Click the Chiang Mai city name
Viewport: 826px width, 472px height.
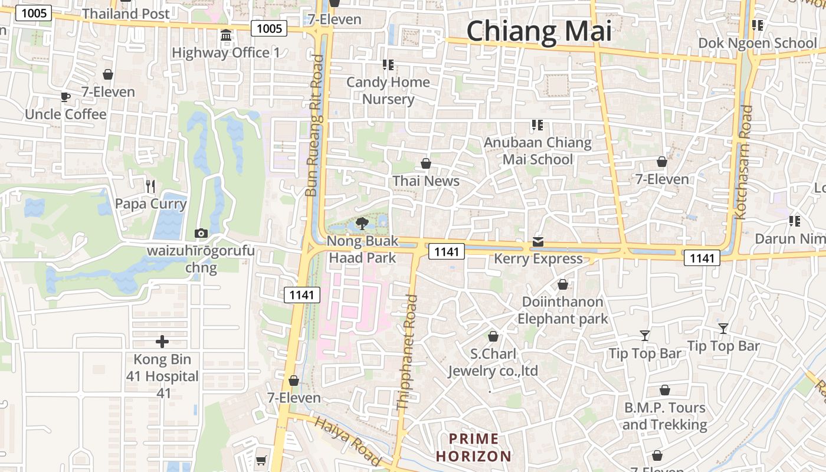(x=539, y=31)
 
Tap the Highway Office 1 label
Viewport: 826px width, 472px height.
(x=226, y=53)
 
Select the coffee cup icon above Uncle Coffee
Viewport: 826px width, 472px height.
(x=65, y=97)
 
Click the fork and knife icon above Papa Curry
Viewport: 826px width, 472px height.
(x=150, y=186)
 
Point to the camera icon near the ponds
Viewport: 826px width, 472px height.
(x=201, y=233)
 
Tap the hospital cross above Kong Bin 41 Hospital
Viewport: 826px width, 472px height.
(x=162, y=341)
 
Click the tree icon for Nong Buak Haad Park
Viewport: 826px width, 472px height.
(x=362, y=223)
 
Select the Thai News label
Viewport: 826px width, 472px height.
(x=426, y=181)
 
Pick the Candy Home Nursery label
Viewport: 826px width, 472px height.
(x=388, y=90)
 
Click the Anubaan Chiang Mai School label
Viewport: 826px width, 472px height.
(x=537, y=150)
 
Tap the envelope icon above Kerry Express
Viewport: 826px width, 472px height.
(x=538, y=241)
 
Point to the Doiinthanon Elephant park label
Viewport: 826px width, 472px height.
(x=563, y=310)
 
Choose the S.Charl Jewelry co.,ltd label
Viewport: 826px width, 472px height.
(x=493, y=362)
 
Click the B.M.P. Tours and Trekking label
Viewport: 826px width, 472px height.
(x=665, y=416)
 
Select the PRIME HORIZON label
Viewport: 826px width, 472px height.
(x=474, y=447)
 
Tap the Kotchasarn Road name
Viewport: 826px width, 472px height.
(x=742, y=162)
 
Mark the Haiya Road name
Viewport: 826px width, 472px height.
(x=349, y=440)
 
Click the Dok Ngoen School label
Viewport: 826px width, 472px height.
(x=758, y=43)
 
